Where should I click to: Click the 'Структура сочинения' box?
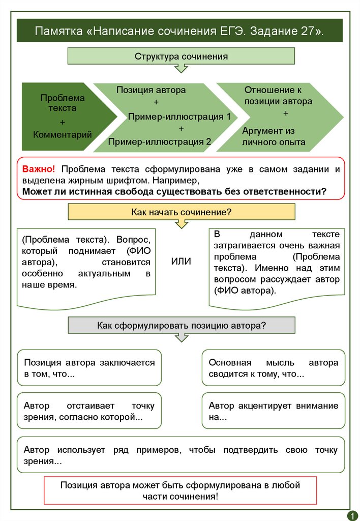(181, 56)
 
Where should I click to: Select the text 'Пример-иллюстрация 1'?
(179, 117)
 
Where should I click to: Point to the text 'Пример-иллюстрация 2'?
(160, 142)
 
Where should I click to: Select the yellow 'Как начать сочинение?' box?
(181, 212)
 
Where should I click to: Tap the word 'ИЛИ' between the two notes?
(181, 262)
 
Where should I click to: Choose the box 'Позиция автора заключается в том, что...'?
(89, 368)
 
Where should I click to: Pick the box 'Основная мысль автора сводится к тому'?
(273, 368)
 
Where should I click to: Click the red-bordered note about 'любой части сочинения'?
(181, 490)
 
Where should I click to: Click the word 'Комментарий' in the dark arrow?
(63, 135)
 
